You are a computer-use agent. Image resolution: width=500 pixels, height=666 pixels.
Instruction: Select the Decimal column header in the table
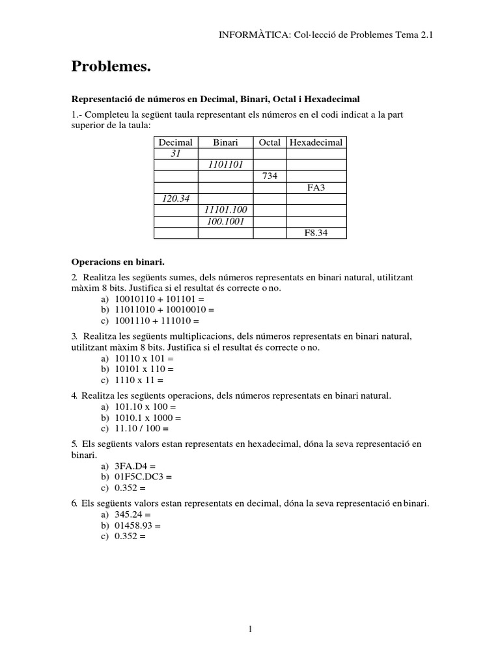pos(175,142)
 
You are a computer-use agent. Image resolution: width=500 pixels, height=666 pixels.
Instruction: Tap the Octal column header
pos(270,142)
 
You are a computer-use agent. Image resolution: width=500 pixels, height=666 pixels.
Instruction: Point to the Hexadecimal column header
pos(316,142)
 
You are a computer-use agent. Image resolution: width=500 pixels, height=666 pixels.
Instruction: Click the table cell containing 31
pos(175,153)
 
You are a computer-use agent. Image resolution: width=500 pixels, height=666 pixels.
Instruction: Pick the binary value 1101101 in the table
pos(225,165)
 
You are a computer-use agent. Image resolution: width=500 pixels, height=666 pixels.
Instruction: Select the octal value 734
pos(270,176)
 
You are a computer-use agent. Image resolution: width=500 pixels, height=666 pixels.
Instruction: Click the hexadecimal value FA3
pos(316,188)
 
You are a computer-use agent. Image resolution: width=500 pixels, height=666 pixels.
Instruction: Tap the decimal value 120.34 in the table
pos(175,199)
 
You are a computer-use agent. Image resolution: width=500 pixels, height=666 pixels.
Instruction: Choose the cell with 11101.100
pos(225,210)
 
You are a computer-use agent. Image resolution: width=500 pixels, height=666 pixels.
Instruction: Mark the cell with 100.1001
pos(225,221)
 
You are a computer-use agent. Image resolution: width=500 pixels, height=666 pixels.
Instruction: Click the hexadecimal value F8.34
pos(316,233)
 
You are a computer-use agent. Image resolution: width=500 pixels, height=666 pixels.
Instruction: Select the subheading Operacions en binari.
pos(118,262)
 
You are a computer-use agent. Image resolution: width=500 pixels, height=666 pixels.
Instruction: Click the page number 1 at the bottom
pos(251,628)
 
